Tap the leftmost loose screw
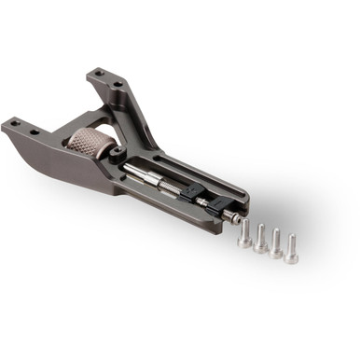point(245,236)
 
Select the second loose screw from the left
point(261,240)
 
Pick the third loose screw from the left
point(276,244)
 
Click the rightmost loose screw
point(292,249)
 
